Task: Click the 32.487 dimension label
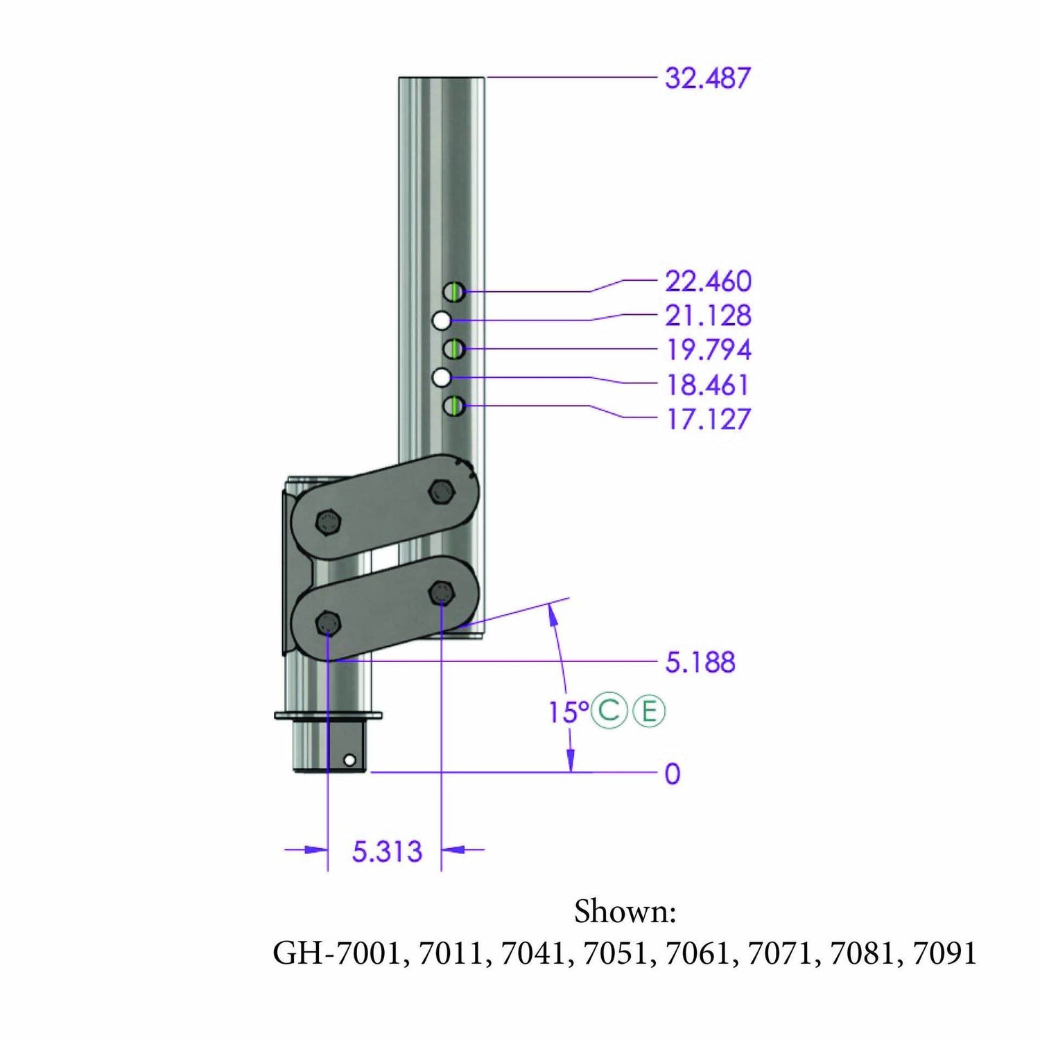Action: [x=707, y=78]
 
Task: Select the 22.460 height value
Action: [x=708, y=281]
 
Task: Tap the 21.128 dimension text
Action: [x=708, y=315]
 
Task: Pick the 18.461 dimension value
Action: [x=708, y=385]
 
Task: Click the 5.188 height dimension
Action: [x=700, y=662]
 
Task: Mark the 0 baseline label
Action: [x=672, y=774]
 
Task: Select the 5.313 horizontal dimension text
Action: [x=387, y=851]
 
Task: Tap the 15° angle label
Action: [x=568, y=712]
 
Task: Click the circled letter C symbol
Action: [x=609, y=711]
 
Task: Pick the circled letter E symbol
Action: [x=649, y=711]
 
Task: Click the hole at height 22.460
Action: [x=454, y=291]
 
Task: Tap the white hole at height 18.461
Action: [x=442, y=377]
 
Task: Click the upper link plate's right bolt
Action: [x=441, y=492]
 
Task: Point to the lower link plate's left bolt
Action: [x=327, y=623]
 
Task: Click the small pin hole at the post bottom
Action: [x=349, y=761]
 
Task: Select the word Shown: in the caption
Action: [x=625, y=911]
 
